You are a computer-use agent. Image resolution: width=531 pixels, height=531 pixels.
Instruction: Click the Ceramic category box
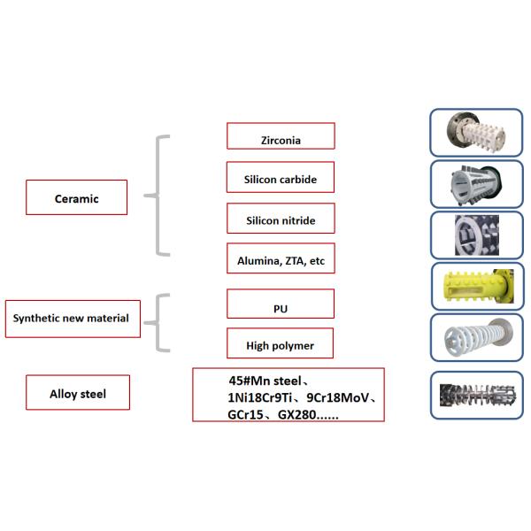point(76,197)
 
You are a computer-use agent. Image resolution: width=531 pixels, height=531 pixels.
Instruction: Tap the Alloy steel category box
point(77,393)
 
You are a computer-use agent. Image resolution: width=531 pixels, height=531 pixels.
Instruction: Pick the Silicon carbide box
point(281,178)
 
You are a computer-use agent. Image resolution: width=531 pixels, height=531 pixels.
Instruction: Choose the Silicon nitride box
point(281,219)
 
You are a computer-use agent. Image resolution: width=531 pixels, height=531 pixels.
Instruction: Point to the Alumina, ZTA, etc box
point(281,260)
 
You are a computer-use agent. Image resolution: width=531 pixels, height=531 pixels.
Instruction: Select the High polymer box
point(281,344)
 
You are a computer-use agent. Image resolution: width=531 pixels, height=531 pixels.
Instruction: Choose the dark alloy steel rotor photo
point(475,394)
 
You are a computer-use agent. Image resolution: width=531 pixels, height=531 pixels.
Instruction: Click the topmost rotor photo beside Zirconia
point(475,132)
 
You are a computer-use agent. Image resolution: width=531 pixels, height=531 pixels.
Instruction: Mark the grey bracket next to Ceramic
point(158,196)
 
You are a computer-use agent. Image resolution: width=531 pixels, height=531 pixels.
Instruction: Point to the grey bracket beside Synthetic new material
point(158,323)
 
